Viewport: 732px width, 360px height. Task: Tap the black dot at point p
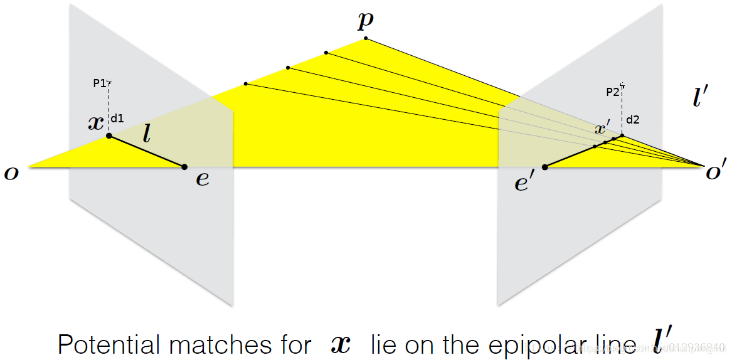365,39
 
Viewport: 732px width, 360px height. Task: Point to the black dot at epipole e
184,167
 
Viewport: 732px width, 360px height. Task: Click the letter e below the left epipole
202,179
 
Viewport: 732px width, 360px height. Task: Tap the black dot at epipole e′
544,167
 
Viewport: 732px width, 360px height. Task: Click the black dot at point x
109,135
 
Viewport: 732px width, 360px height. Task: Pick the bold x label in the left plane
96,122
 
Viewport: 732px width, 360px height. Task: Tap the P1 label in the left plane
99,83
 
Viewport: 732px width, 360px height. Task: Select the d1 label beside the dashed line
117,117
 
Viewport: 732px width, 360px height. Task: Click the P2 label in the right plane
613,92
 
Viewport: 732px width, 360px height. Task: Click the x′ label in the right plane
602,129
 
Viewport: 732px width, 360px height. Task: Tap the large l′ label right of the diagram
700,98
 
